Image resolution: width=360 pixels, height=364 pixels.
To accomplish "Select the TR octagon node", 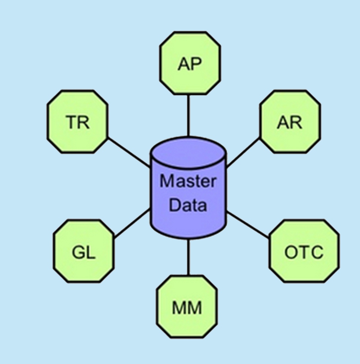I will (77, 121).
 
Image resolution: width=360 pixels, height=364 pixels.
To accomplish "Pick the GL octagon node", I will (84, 251).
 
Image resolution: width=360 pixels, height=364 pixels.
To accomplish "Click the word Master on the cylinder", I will (188, 181).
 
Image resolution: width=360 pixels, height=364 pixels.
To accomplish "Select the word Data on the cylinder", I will (188, 205).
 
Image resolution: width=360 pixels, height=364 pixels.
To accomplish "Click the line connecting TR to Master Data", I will (128, 152).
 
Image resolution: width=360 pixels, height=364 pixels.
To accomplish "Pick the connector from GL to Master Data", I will (132, 224).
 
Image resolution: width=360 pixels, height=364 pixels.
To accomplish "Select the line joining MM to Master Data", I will (188, 257).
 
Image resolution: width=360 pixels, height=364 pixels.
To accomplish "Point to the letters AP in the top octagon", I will (190, 64).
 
